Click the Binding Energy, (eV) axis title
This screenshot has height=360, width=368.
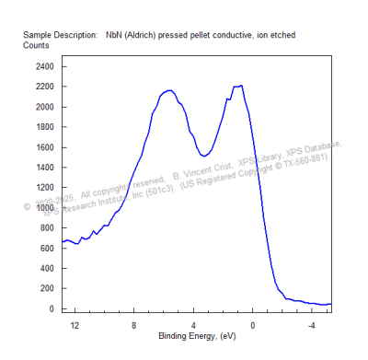point(196,336)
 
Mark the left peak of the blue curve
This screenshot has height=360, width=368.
point(169,91)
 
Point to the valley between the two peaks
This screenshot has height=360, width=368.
point(204,155)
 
